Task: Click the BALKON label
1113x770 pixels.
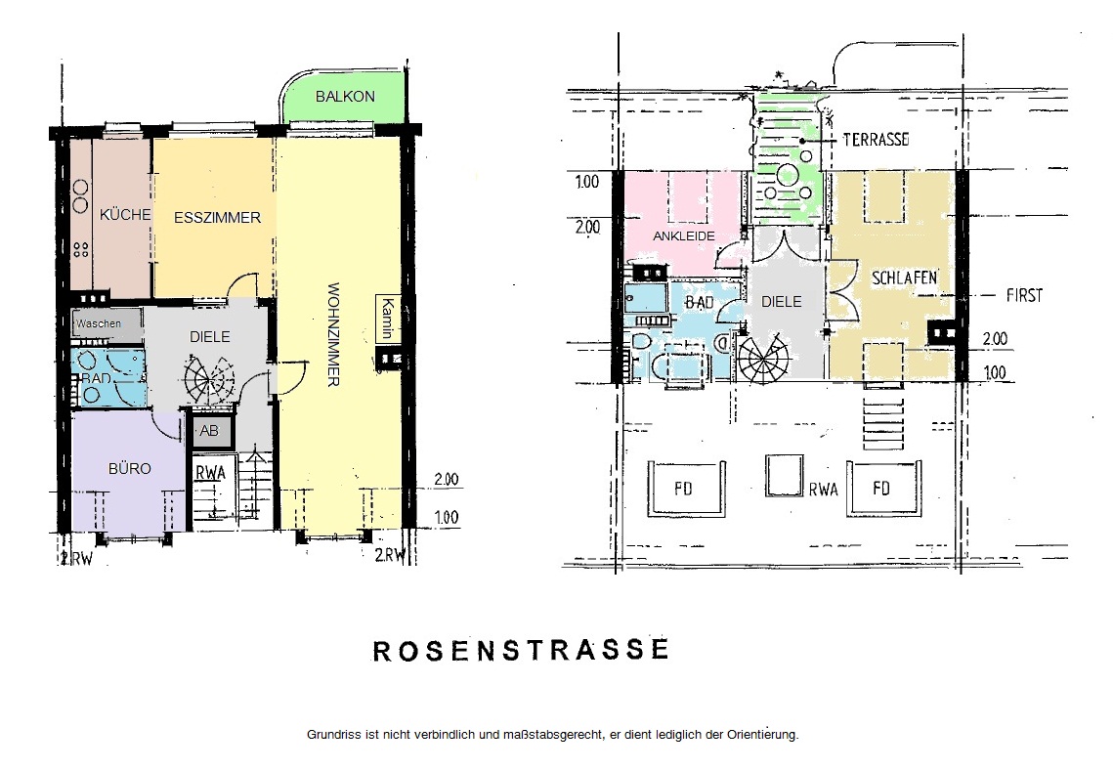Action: pyautogui.click(x=345, y=97)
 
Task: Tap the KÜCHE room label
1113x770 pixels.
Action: pyautogui.click(x=125, y=214)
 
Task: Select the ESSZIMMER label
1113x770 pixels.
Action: pyautogui.click(x=217, y=218)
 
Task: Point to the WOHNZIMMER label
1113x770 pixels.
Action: pyautogui.click(x=333, y=334)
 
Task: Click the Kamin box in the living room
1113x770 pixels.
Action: pyautogui.click(x=388, y=318)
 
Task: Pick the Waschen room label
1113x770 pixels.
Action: pyautogui.click(x=99, y=323)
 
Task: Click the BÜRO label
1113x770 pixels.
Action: pyautogui.click(x=130, y=468)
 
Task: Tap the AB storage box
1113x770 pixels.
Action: pyautogui.click(x=209, y=431)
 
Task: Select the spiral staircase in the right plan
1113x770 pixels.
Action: pyautogui.click(x=763, y=358)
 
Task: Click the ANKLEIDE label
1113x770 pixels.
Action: pyautogui.click(x=684, y=235)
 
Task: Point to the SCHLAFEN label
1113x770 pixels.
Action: pyautogui.click(x=904, y=278)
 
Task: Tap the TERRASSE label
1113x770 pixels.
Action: pyautogui.click(x=876, y=139)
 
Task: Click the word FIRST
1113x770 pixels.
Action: pyautogui.click(x=1024, y=294)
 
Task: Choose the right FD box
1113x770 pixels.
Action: pyautogui.click(x=887, y=488)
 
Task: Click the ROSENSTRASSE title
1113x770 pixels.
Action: pyautogui.click(x=521, y=650)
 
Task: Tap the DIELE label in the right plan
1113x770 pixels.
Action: pyautogui.click(x=782, y=302)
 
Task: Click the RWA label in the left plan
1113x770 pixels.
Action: pyautogui.click(x=211, y=473)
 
